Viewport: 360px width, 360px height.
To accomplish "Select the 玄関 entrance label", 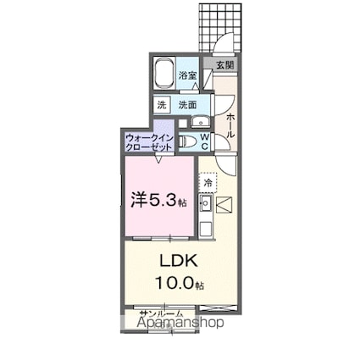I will pyautogui.click(x=223, y=65).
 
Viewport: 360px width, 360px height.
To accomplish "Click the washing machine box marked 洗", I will pyautogui.click(x=161, y=105).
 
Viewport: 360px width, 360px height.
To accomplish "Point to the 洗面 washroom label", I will pyautogui.click(x=187, y=105).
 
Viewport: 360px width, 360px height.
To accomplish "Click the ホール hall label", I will pyautogui.click(x=230, y=123).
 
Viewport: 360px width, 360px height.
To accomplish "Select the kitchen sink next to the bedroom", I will pyautogui.click(x=205, y=202).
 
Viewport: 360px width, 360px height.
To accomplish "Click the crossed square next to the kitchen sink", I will pyautogui.click(x=223, y=204).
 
